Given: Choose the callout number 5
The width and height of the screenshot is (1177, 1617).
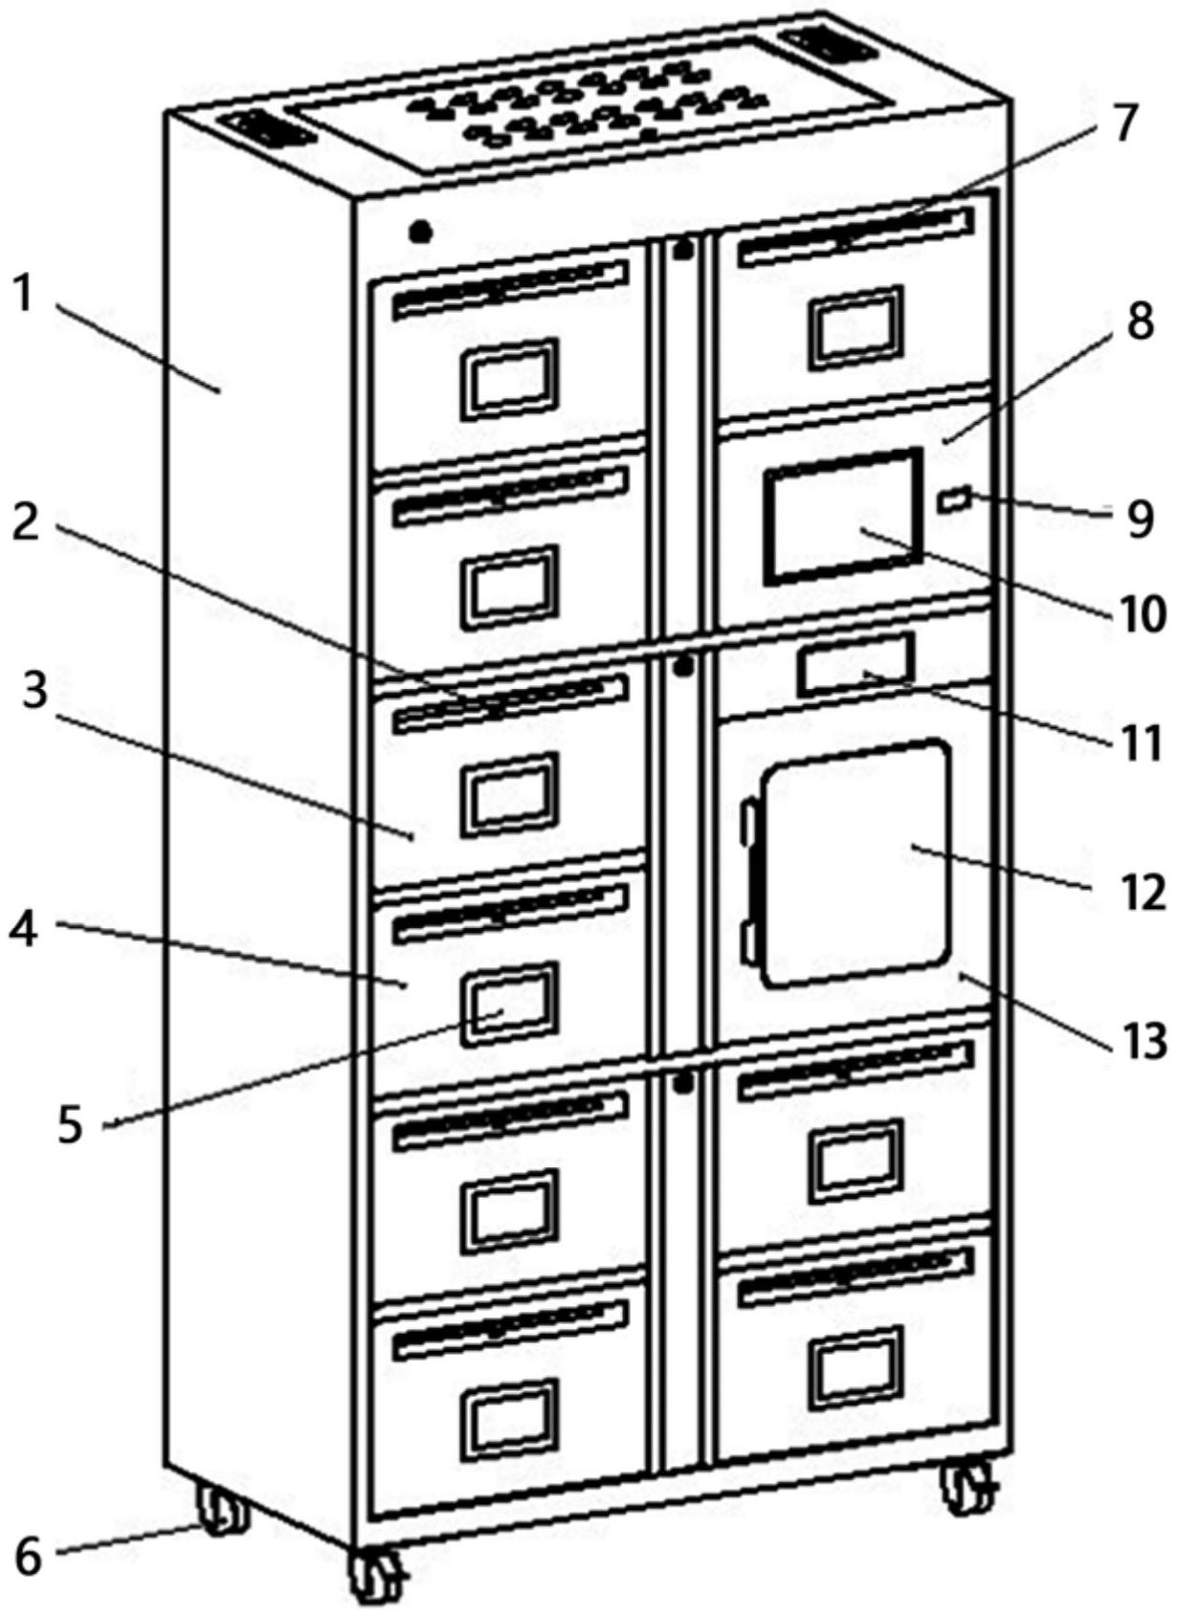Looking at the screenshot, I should tap(72, 1125).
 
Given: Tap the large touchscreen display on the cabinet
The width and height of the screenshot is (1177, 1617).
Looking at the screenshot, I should tap(843, 516).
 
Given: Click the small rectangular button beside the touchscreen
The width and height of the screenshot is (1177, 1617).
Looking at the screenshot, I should tap(957, 498).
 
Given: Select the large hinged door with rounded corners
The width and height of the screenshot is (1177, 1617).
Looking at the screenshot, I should tap(855, 862).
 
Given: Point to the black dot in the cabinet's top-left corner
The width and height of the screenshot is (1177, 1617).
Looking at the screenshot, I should tap(420, 231).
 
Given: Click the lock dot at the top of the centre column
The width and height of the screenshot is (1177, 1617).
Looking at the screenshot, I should tap(681, 252).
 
